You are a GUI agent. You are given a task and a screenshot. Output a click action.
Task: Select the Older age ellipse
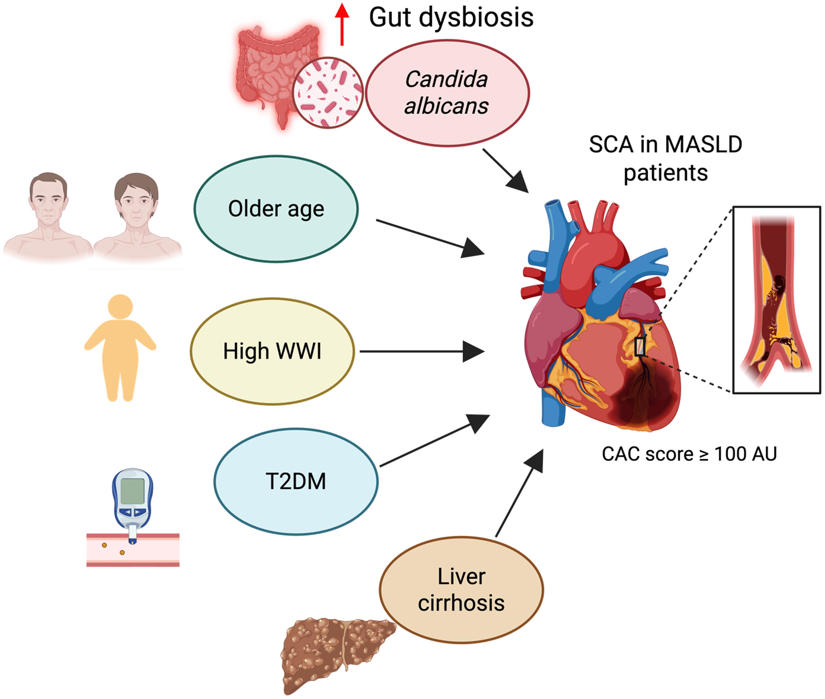[x=276, y=209]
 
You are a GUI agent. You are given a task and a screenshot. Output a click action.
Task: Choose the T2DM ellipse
[x=296, y=481]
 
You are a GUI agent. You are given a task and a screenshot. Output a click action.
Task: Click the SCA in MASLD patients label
[x=665, y=158]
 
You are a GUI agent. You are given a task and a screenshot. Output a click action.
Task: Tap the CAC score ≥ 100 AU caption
[x=689, y=454]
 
